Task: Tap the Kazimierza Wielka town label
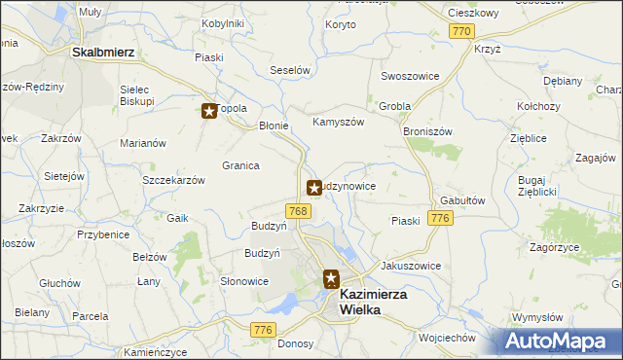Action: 373,302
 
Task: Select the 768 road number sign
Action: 299,211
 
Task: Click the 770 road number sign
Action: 461,32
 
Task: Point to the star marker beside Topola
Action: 209,111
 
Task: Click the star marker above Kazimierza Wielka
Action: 331,279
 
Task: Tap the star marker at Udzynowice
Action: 314,187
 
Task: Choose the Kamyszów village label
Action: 338,123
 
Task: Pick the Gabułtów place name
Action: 462,199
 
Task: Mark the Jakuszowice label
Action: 411,266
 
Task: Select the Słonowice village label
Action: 243,281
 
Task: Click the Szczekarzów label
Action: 173,181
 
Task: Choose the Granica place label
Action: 240,165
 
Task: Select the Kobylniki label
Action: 222,23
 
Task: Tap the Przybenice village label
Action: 104,234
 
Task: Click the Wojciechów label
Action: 445,338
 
